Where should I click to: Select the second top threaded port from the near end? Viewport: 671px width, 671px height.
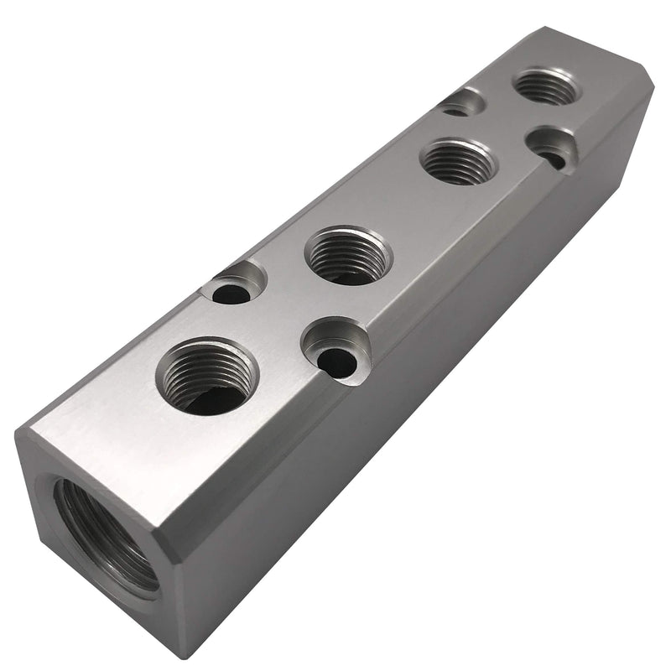[x=347, y=255]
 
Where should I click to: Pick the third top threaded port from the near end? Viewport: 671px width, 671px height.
[x=460, y=160]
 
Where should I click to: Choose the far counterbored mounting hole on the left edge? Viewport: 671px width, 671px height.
[x=463, y=103]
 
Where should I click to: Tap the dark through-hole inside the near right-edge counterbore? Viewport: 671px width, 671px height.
[x=341, y=362]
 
